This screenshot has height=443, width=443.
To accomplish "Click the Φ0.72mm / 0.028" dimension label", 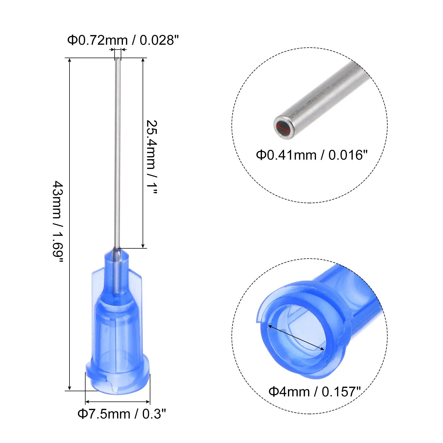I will click(x=123, y=40).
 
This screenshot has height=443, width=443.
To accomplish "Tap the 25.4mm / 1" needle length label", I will click(x=152, y=157).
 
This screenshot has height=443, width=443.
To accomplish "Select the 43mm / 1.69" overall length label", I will click(x=58, y=221).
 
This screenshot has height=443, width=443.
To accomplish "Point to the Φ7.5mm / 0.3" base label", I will click(x=122, y=414).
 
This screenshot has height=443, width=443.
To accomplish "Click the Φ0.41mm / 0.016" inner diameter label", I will click(x=311, y=155).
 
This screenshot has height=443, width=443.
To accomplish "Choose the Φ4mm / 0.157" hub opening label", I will click(x=315, y=392).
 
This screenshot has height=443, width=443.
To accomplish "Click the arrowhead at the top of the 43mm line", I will click(x=69, y=60).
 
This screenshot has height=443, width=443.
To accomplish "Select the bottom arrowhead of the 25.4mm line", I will click(x=143, y=246).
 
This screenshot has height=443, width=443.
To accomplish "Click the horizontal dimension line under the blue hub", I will click(x=117, y=402).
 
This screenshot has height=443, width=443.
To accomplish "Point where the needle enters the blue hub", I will click(x=117, y=249).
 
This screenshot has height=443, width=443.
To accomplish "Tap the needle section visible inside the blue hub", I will click(x=117, y=277).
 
